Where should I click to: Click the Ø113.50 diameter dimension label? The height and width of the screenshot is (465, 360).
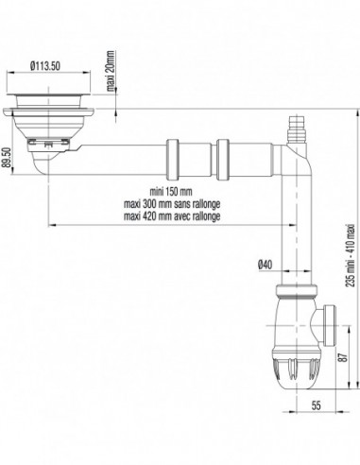pyautogui.click(x=45, y=66)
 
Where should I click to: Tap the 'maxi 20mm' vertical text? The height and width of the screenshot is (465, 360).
pyautogui.click(x=111, y=71)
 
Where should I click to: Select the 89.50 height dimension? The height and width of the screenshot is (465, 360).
pyautogui.click(x=8, y=158)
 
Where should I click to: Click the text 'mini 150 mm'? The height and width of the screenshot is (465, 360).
pyautogui.click(x=171, y=192)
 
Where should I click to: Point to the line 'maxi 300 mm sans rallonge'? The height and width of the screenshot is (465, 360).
pyautogui.click(x=172, y=204)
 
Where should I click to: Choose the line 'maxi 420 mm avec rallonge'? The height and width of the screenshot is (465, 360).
pyautogui.click(x=172, y=216)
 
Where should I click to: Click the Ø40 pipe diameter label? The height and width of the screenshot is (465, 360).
pyautogui.click(x=265, y=265)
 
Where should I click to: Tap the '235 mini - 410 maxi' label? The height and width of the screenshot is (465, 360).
pyautogui.click(x=351, y=255)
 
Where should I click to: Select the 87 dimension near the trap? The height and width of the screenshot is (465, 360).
pyautogui.click(x=344, y=356)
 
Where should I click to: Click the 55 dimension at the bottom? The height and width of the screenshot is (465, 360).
pyautogui.click(x=316, y=405)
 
